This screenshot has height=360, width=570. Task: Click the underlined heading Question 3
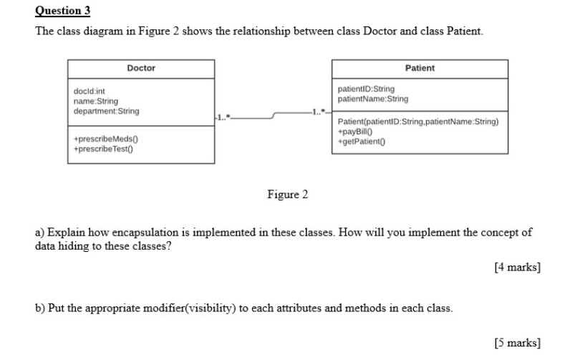click(x=63, y=11)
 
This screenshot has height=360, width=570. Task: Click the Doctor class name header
click(x=141, y=68)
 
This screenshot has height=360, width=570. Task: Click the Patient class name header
click(x=420, y=68)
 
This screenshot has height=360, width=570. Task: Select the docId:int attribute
click(x=90, y=92)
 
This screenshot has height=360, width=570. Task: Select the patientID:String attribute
click(x=366, y=89)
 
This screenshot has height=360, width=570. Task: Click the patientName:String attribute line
click(x=372, y=99)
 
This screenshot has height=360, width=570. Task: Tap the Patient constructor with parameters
click(x=417, y=122)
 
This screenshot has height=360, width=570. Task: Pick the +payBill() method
click(x=354, y=132)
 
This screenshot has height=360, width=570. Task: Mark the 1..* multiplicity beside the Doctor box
click(x=223, y=115)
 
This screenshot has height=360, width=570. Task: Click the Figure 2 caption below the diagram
click(x=287, y=195)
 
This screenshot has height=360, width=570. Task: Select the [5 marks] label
click(x=517, y=343)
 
